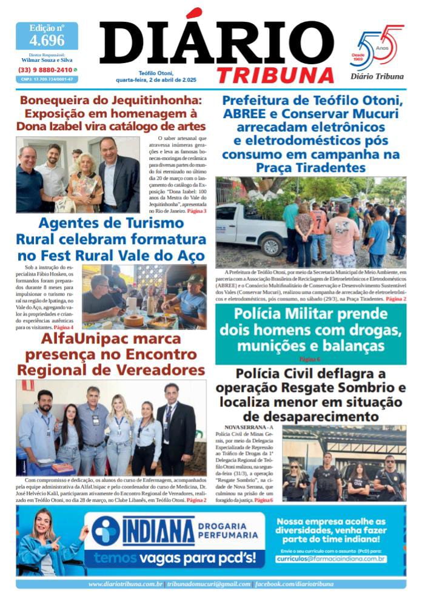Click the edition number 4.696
click(47, 41)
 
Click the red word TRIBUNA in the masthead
click(275, 74)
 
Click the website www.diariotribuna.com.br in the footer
click(125, 584)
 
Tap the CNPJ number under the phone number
click(47, 79)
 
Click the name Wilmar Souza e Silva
click(47, 61)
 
